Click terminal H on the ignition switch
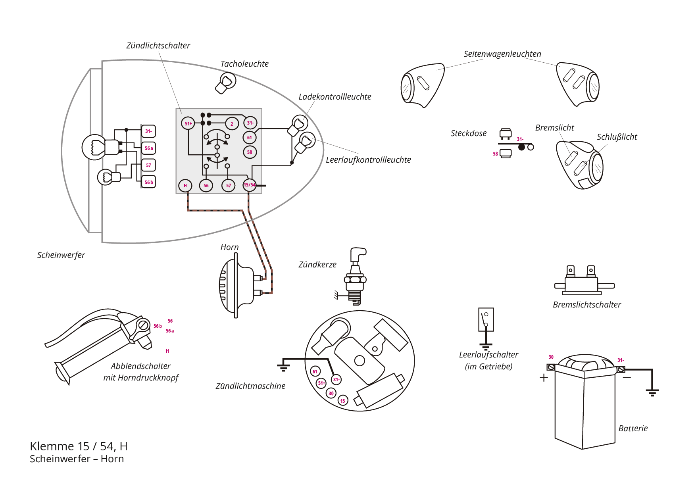185,185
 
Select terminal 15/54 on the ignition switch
250,185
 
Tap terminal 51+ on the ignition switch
188,123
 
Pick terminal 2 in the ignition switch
232,124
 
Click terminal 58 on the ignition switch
250,152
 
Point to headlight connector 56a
148,148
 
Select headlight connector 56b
148,182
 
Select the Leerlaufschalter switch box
486,319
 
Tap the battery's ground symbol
652,392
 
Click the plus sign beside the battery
544,377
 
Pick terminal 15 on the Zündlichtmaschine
343,401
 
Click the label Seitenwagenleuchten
502,54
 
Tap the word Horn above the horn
229,247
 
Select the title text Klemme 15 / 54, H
79,446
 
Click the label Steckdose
468,133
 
